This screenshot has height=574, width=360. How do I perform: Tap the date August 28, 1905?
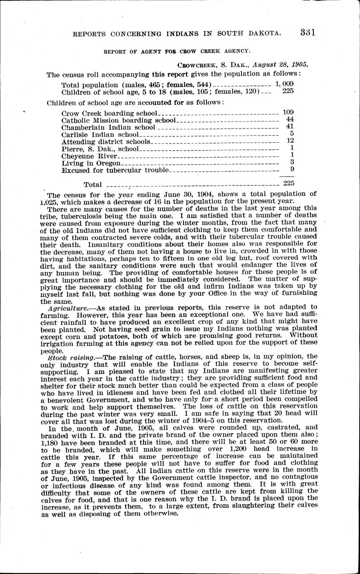click(282, 65)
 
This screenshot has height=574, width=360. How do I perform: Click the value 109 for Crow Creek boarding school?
click(288, 112)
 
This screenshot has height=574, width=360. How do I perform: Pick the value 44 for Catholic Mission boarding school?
click(290, 119)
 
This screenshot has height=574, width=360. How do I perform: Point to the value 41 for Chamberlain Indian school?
click(290, 126)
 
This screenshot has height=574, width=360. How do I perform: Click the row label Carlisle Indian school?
click(100, 134)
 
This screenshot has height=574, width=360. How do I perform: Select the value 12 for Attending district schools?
click(290, 141)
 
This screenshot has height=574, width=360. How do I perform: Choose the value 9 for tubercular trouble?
click(292, 169)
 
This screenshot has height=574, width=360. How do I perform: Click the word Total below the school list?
click(93, 184)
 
